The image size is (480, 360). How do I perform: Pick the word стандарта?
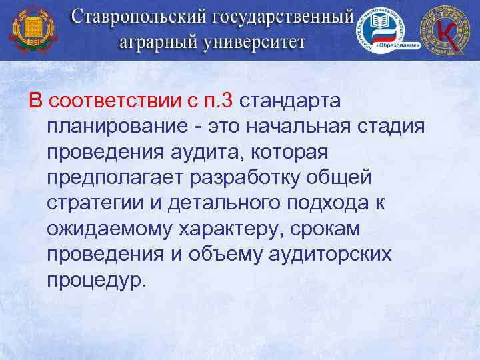click(x=289, y=101)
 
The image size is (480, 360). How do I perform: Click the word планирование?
click(x=116, y=127)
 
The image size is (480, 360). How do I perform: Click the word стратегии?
click(x=91, y=203)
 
